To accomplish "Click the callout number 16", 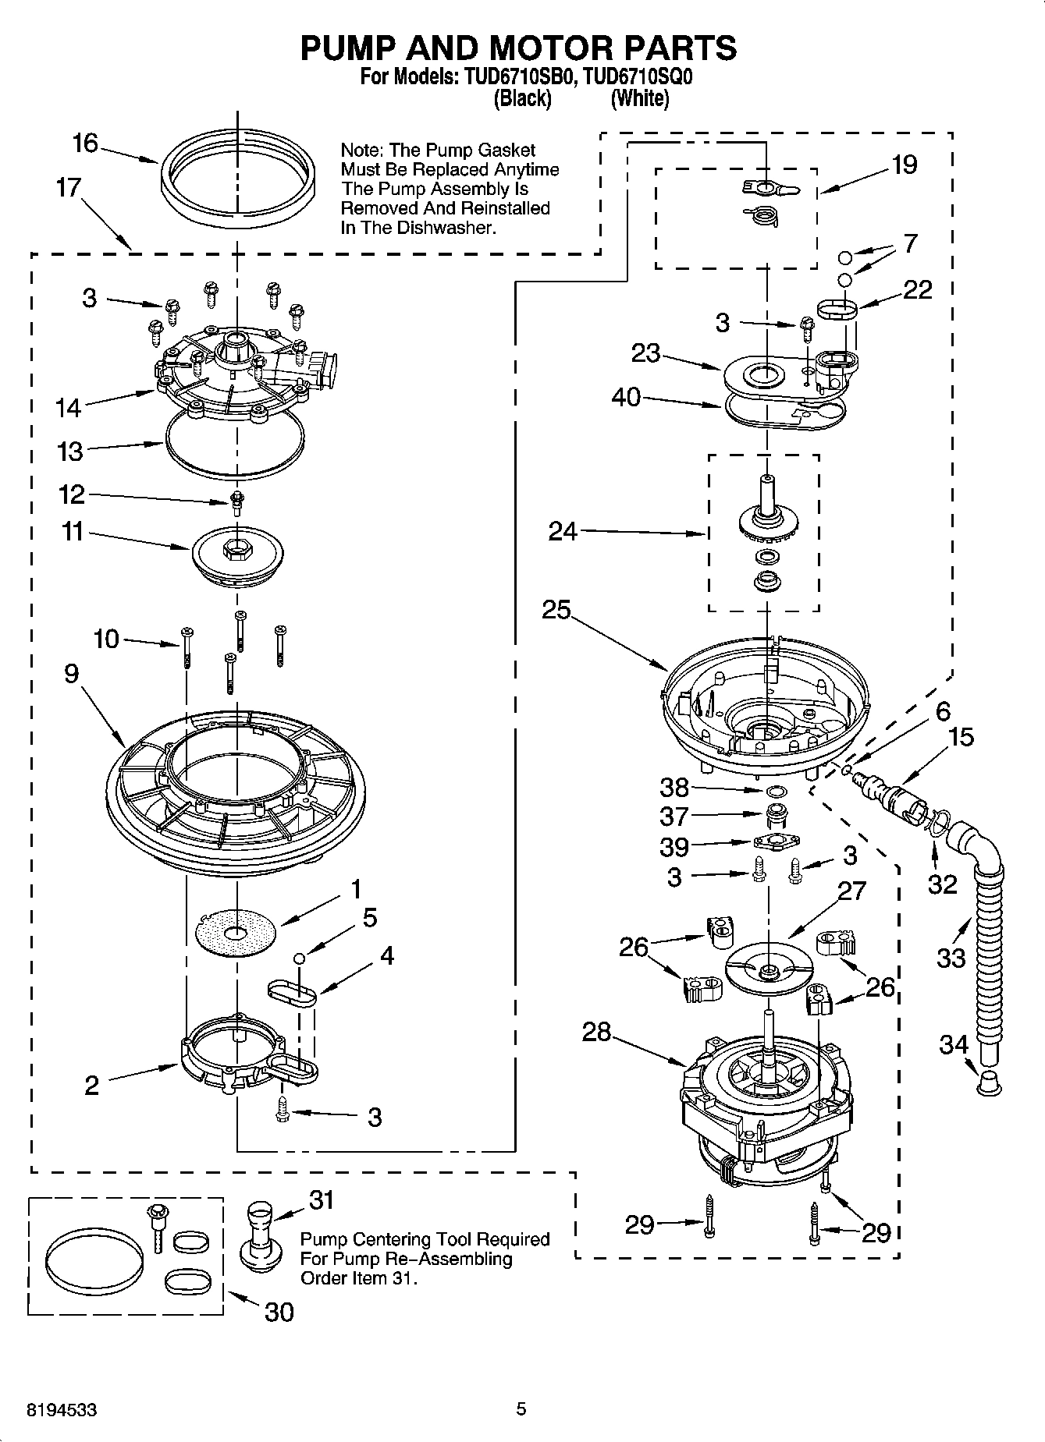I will click(85, 143).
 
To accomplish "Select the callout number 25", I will click(556, 609).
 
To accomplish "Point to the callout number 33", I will click(951, 957).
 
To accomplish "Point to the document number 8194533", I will click(62, 1409).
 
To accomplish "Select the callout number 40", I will click(626, 397).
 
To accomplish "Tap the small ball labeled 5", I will click(298, 958).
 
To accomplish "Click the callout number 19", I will click(904, 165).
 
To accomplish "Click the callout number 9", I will click(72, 673).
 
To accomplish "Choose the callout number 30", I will click(279, 1312).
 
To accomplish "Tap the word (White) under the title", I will click(639, 98).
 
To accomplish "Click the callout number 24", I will click(563, 531).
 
